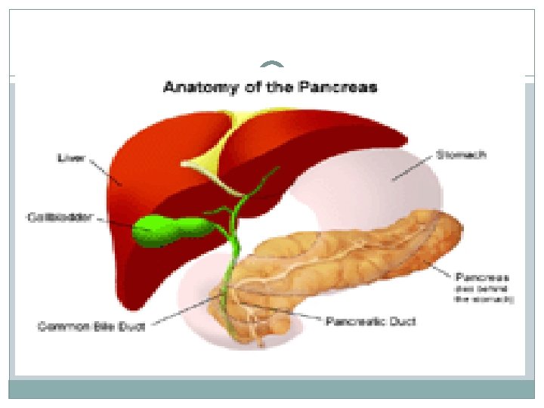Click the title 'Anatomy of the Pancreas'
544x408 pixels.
pos(270,87)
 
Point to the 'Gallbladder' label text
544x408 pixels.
pos(60,218)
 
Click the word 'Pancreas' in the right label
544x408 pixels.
pos(481,277)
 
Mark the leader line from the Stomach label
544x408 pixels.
pos(413,168)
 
